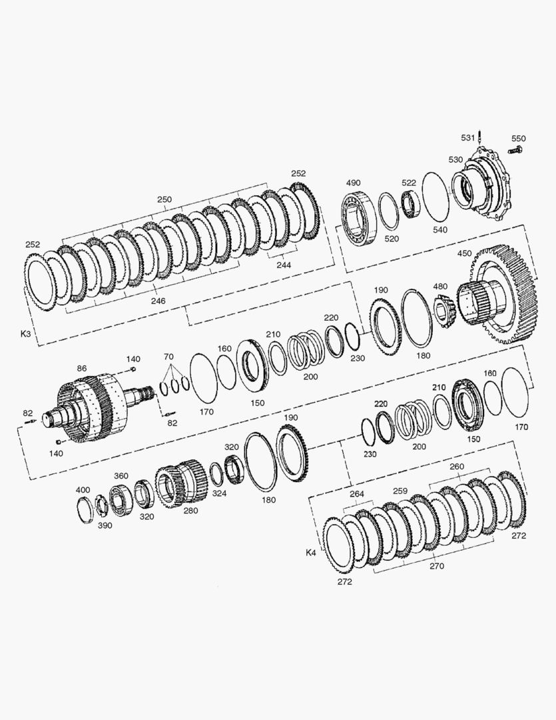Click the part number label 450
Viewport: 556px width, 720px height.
[x=463, y=253]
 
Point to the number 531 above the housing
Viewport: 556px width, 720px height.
[x=469, y=138]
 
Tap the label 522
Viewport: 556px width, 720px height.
[x=408, y=183]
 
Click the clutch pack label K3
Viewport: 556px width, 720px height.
[x=26, y=333]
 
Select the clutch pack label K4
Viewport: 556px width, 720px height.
[x=310, y=552]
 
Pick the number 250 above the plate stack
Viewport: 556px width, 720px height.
[x=164, y=199]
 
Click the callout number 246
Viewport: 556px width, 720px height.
[x=158, y=301]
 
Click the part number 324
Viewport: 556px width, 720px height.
[x=219, y=493]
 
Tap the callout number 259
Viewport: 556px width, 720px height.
[x=400, y=491]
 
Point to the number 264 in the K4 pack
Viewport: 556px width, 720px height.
[x=357, y=494]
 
